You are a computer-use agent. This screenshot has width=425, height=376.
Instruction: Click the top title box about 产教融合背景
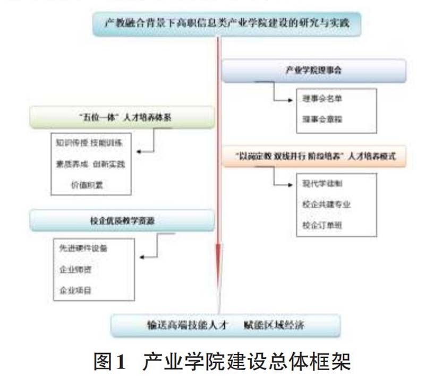click(222, 23)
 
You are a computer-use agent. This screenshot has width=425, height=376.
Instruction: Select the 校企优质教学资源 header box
click(122, 219)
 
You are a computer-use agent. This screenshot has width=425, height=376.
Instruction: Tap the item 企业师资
click(75, 269)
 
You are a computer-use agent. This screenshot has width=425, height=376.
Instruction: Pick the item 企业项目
click(75, 290)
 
